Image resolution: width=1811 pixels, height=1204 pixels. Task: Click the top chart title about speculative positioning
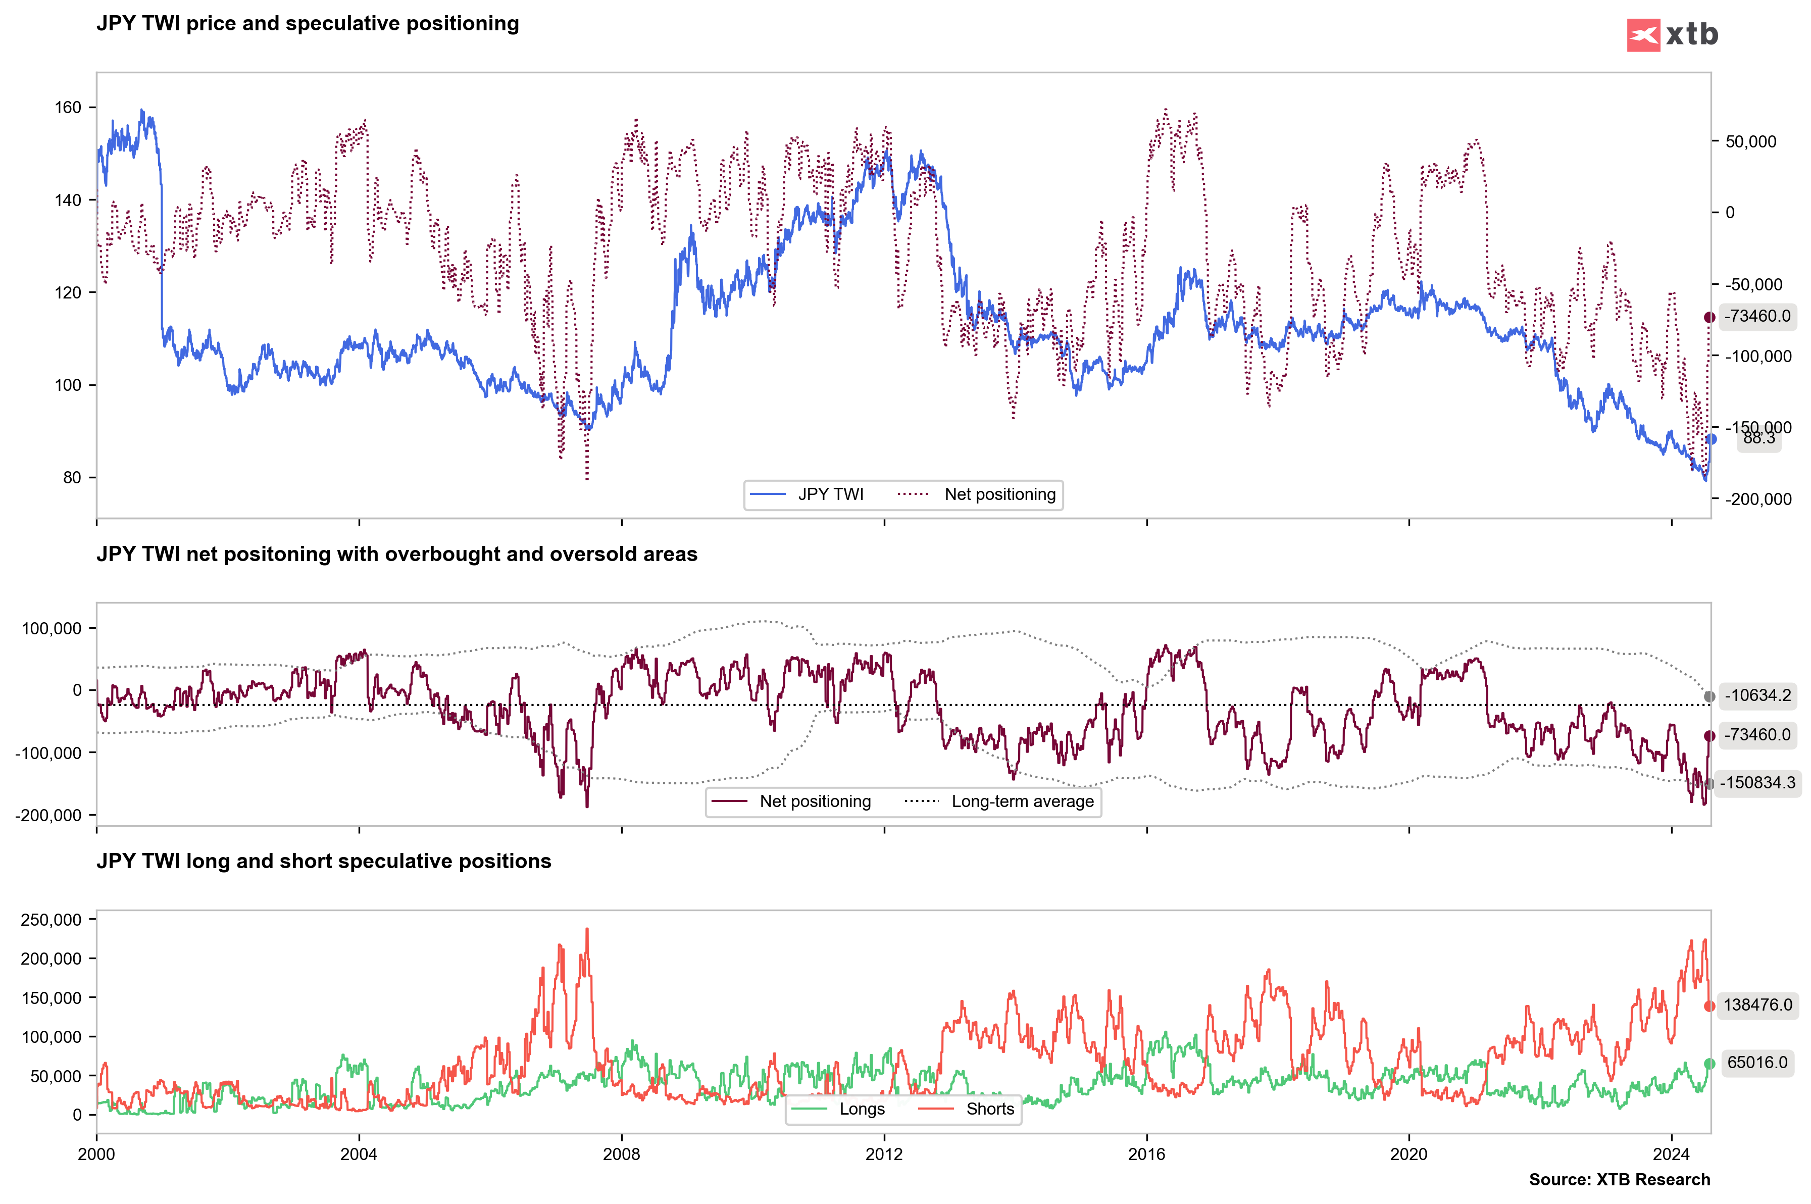(x=307, y=24)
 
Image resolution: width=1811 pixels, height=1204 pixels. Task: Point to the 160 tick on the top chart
(x=68, y=108)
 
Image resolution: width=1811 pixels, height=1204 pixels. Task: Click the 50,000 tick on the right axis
(x=1750, y=142)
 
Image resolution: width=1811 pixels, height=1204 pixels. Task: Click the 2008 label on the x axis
(x=621, y=1154)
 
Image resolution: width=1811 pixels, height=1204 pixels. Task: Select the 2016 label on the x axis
(x=1146, y=1154)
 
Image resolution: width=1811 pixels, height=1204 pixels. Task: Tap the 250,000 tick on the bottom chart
(x=51, y=920)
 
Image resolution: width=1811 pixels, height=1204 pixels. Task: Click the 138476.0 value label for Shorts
(x=1757, y=1005)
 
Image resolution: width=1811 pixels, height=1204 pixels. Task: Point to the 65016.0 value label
(x=1757, y=1063)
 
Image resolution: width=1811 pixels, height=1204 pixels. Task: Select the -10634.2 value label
(x=1757, y=695)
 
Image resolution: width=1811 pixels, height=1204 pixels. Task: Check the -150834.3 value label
(x=1757, y=783)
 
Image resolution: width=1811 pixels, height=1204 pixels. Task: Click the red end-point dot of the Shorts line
(x=1709, y=1006)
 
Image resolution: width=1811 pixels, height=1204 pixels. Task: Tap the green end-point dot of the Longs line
(x=1709, y=1064)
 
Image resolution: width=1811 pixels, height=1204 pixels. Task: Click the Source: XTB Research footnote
(x=1619, y=1179)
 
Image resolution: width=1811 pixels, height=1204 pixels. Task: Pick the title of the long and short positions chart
(x=323, y=862)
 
